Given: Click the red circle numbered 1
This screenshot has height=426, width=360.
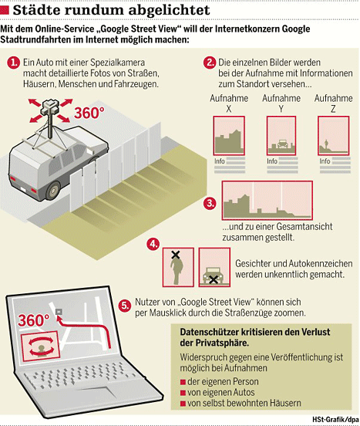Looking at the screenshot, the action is [14, 63].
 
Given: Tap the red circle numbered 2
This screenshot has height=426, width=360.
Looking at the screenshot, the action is [210, 63].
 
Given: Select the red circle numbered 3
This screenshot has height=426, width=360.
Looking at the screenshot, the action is [210, 203].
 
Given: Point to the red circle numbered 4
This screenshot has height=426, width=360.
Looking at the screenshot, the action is [153, 244].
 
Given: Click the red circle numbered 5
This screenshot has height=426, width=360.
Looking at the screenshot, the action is [125, 306].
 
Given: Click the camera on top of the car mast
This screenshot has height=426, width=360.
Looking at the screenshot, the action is [50, 107].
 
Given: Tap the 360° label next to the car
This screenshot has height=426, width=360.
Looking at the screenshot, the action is [89, 113].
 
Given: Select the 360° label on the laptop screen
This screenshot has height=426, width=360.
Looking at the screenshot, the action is [34, 320].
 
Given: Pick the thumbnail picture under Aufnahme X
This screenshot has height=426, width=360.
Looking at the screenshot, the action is [229, 136].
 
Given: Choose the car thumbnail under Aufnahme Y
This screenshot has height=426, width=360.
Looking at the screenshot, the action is [281, 136].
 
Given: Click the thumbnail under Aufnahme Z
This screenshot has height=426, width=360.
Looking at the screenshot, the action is [334, 136].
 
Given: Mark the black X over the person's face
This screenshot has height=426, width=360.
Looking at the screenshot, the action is [176, 255].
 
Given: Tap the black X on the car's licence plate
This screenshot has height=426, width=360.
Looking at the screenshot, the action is [214, 279].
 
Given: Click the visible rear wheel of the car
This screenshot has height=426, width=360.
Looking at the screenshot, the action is [53, 190].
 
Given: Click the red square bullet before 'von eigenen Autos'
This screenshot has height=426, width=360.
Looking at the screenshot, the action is [183, 393].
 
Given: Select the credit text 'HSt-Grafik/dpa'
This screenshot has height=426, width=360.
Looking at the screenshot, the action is [335, 419].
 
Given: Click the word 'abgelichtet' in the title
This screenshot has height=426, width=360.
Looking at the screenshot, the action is [169, 10].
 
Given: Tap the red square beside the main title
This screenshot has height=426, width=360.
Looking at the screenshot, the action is [5, 10].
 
